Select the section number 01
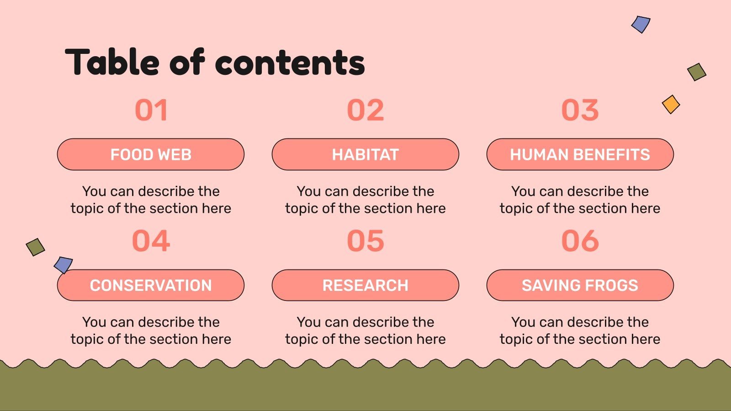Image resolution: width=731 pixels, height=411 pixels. coord(151,111)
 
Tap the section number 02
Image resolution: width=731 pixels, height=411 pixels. coord(365,111)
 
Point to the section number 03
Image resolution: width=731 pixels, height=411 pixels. coord(580,111)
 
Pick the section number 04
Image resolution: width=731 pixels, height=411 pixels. coord(151,241)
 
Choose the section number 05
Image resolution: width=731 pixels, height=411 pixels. coord(365,241)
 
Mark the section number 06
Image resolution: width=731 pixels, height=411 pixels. coord(580,241)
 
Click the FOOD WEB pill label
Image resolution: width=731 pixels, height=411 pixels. coord(151,155)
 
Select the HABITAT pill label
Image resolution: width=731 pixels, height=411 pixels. coord(365,155)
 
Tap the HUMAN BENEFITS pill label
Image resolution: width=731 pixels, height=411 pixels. coord(580,155)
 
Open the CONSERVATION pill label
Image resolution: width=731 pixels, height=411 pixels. coord(151,285)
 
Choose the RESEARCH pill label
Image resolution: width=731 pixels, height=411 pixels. coord(365,285)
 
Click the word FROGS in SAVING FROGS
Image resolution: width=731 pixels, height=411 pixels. coord(611,285)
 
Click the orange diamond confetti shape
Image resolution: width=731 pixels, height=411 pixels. coord(671,105)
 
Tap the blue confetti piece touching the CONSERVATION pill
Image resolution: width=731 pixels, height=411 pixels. coord(63,264)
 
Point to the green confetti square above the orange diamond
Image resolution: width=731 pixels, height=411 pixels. coord(697,72)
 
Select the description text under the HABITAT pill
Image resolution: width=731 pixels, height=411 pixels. coord(365,200)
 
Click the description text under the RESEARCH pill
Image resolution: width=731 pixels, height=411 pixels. coord(365,331)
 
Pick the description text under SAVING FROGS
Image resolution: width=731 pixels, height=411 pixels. coord(580,331)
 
